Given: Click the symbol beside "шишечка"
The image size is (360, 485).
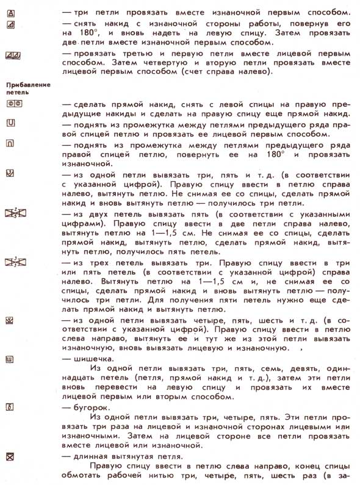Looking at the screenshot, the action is coord(10,359).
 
